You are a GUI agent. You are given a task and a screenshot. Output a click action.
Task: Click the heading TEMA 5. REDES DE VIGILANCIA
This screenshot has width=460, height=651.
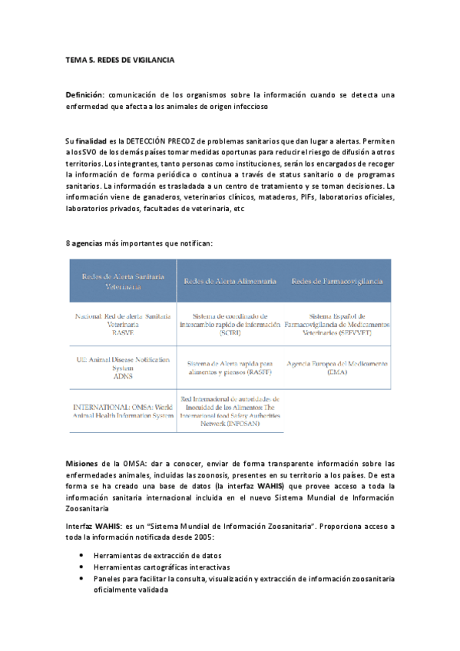point(120,59)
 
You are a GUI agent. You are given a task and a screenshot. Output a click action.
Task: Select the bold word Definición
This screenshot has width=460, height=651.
point(84,94)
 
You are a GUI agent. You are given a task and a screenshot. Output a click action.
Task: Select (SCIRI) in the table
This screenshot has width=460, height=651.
point(230,332)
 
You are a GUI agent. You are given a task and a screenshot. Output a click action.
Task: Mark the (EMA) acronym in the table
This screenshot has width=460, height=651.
point(336,372)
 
